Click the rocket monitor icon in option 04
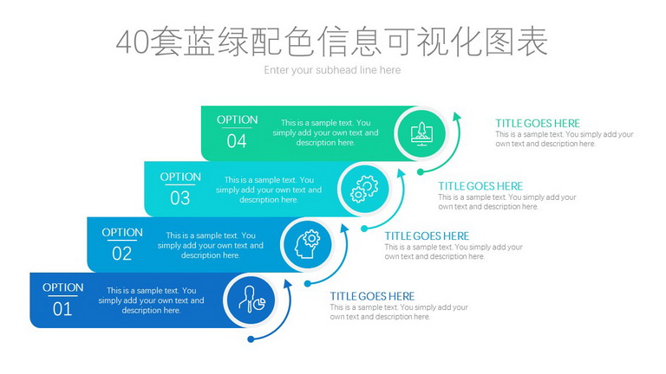[x=421, y=133]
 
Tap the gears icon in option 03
[x=364, y=189]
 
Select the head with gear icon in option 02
[x=308, y=244]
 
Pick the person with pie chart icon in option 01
[x=251, y=300]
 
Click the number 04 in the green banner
[x=237, y=141]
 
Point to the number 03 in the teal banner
[x=180, y=198]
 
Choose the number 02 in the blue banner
[x=122, y=254]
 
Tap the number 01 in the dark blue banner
[x=62, y=309]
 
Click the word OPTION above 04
[x=237, y=120]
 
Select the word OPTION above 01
[x=62, y=287]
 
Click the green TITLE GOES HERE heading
[x=538, y=124]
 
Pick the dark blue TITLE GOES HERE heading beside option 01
[x=372, y=296]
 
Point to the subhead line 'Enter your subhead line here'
[x=332, y=70]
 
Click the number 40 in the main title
[x=133, y=42]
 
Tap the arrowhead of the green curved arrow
[x=457, y=117]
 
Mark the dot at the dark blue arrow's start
[x=251, y=339]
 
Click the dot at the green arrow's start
[x=420, y=171]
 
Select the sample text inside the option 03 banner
[x=269, y=190]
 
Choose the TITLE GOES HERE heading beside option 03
[x=480, y=186]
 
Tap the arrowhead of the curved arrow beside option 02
[x=344, y=229]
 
